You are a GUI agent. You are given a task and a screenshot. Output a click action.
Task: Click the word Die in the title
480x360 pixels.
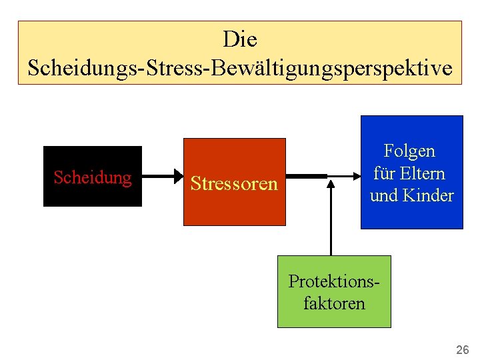coord(240,39)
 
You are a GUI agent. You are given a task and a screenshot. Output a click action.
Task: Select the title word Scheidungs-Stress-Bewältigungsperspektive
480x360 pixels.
coord(240,67)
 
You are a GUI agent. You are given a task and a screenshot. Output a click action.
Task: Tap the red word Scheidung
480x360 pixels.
coord(92,177)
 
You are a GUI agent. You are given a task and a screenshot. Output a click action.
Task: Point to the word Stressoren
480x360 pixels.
coord(234,183)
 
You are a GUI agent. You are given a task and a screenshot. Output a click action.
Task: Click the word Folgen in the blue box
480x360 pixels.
coord(410,151)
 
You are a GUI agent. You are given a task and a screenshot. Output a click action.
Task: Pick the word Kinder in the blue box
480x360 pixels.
coord(430,195)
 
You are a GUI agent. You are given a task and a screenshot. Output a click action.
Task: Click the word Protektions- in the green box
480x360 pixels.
coord(334,281)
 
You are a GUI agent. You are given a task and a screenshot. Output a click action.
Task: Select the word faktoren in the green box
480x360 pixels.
coord(334,303)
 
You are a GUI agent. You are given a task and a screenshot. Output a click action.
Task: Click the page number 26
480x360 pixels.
coord(462,349)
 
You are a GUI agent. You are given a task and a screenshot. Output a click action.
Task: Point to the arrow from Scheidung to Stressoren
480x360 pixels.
coord(160,177)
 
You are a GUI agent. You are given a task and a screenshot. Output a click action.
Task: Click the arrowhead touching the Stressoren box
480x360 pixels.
coord(179,177)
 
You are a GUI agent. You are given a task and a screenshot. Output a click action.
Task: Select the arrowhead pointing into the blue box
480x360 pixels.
coord(356,177)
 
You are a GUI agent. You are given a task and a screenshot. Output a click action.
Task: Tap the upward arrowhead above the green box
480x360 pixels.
coord(330,185)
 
